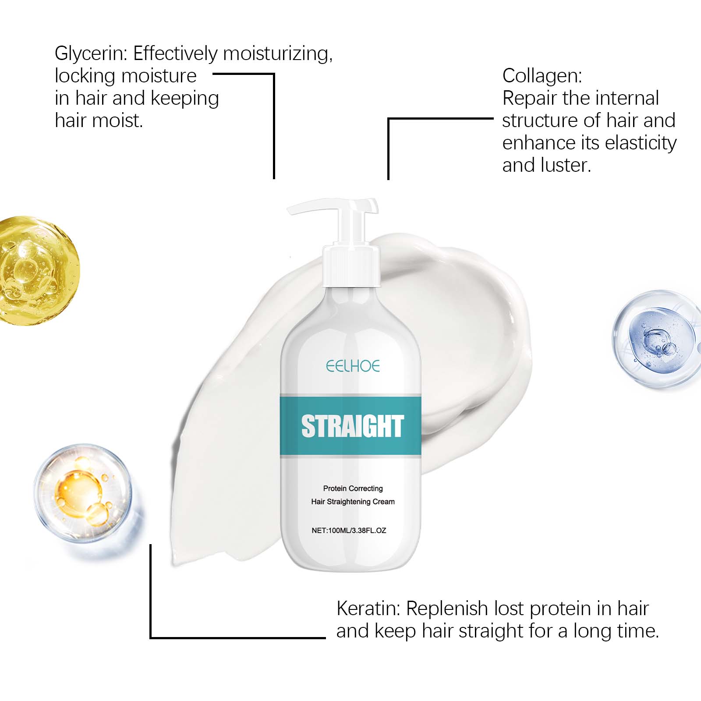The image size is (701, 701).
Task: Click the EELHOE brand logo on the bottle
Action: [x=353, y=366]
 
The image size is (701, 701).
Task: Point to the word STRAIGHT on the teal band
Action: [x=352, y=426]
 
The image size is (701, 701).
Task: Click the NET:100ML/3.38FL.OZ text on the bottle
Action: [x=349, y=530]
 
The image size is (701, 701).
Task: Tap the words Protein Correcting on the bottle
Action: [x=353, y=488]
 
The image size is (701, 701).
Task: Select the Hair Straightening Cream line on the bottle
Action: [x=353, y=502]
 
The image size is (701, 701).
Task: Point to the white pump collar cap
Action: [x=351, y=265]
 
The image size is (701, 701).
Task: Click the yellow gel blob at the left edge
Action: [x=37, y=271]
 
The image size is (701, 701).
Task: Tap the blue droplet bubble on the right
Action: [x=655, y=338]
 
